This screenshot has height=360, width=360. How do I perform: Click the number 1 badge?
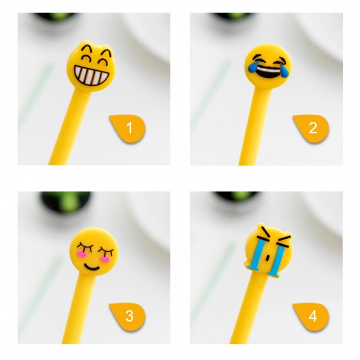pos(128,128)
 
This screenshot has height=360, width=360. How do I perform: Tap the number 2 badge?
pos(311,128)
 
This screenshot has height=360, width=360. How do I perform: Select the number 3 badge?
pos(128,316)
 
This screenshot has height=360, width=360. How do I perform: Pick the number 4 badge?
pos(311,316)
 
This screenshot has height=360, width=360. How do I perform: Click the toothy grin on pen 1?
pos(91,76)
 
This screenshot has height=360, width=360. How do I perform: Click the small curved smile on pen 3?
pos(91,268)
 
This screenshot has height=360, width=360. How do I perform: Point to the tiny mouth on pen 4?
pos(267,258)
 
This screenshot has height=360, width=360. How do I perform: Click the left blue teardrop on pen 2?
pos(253,67)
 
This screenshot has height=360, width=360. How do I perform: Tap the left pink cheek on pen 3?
pos(81,253)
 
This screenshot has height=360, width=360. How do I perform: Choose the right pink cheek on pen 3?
pos(105,259)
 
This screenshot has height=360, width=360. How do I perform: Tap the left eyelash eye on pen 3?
pos(85,247)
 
